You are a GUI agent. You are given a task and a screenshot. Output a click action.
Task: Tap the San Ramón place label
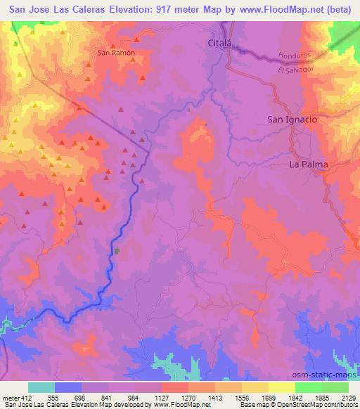coord(115,52)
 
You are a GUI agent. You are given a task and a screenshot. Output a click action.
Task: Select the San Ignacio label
coord(292,119)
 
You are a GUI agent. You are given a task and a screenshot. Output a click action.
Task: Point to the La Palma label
coord(309,164)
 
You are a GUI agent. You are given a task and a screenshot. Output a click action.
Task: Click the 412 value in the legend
coord(27,398)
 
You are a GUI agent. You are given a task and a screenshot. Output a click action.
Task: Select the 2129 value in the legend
coord(348,398)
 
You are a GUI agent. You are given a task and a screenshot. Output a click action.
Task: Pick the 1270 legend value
coord(188,398)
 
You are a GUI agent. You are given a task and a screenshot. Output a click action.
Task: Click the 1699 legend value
coord(268,398)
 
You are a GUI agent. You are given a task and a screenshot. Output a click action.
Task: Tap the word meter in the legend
coord(11,398)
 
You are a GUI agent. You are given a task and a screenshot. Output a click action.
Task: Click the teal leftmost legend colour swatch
coord(41,388)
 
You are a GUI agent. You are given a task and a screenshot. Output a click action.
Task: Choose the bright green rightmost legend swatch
coord(335,388)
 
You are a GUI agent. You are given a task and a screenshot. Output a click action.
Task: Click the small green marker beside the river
coord(117,250)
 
